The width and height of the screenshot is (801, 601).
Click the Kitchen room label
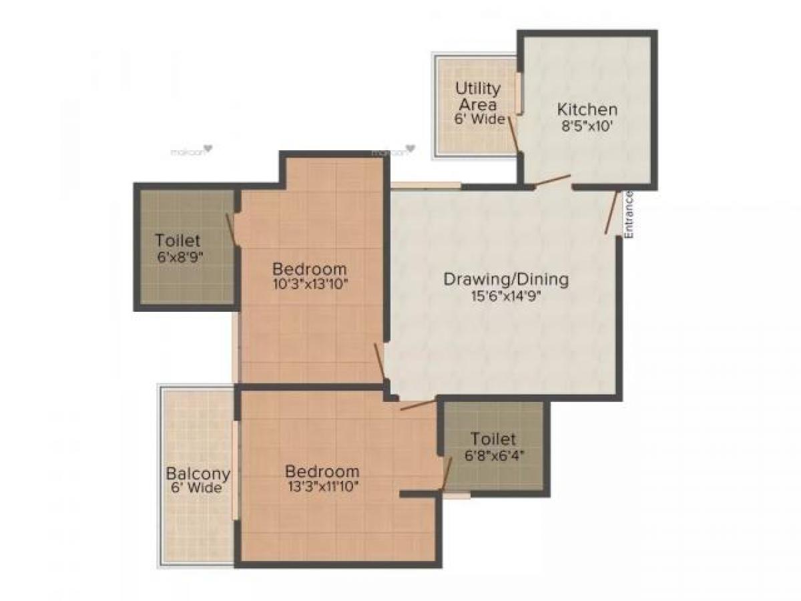pyautogui.click(x=587, y=110)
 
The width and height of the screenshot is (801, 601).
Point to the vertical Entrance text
pyautogui.click(x=628, y=214)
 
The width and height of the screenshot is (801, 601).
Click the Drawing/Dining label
pyautogui.click(x=506, y=279)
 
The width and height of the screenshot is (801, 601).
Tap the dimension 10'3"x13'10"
pyautogui.click(x=310, y=284)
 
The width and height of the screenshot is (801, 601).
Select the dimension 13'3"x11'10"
pyautogui.click(x=320, y=486)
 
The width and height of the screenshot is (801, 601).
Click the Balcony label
pyautogui.click(x=198, y=473)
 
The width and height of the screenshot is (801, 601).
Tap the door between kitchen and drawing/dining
pyautogui.click(x=553, y=180)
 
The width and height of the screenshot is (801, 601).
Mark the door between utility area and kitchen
pyautogui.click(x=513, y=133)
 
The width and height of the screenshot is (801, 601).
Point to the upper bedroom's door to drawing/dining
pyautogui.click(x=380, y=361)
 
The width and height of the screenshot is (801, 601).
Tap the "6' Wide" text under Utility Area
pyautogui.click(x=477, y=120)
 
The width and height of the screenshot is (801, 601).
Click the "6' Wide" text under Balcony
pyautogui.click(x=197, y=488)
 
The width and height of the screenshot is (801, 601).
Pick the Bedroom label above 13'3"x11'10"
pyautogui.click(x=322, y=471)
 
